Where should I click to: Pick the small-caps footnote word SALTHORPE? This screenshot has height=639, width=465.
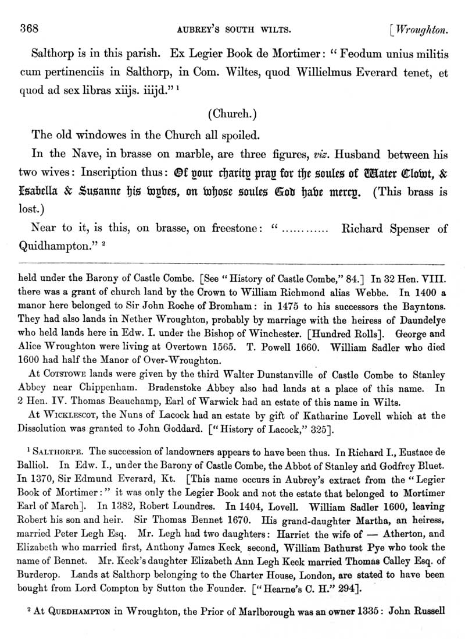(x=55, y=453)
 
